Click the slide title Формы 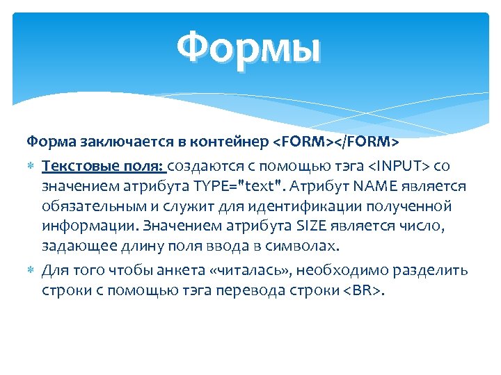point(249,49)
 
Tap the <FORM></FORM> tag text point(335,142)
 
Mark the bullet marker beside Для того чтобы point(31,270)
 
